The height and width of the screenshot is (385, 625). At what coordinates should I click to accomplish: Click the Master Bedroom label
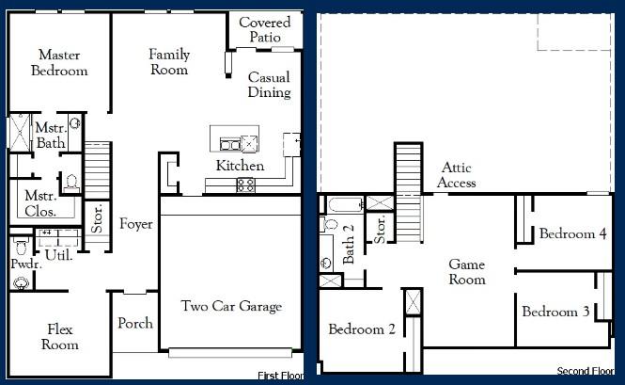coord(59,63)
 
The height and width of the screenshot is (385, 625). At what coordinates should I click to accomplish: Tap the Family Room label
coord(169,62)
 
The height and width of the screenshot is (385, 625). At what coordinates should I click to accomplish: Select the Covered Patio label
coord(264,29)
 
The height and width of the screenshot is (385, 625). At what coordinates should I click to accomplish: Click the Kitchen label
coord(240,166)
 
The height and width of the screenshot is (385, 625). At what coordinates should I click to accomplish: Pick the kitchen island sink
coord(230,144)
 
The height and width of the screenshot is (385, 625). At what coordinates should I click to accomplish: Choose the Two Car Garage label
coord(231,306)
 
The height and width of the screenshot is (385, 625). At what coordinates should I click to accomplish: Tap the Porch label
coord(135,323)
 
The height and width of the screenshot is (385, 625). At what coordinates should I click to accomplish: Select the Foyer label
coord(135,224)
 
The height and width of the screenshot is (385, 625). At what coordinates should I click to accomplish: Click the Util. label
coord(59,254)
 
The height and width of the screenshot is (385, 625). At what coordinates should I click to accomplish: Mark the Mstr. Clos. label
coord(41,205)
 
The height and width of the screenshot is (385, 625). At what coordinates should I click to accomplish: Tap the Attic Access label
coord(458,175)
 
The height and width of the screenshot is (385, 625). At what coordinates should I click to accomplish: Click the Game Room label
coord(466,272)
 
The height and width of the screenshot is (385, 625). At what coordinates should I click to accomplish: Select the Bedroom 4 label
coord(572,233)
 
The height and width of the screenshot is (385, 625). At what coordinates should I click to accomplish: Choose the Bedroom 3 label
coord(555,312)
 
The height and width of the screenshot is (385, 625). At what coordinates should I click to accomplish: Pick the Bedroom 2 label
coord(361,329)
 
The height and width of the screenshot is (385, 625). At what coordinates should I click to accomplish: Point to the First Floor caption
coord(280,376)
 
